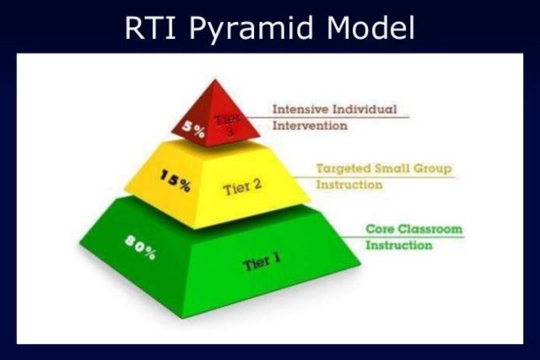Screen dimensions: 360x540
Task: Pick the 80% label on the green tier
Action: coord(140,246)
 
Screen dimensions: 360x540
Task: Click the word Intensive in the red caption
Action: coord(298,110)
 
